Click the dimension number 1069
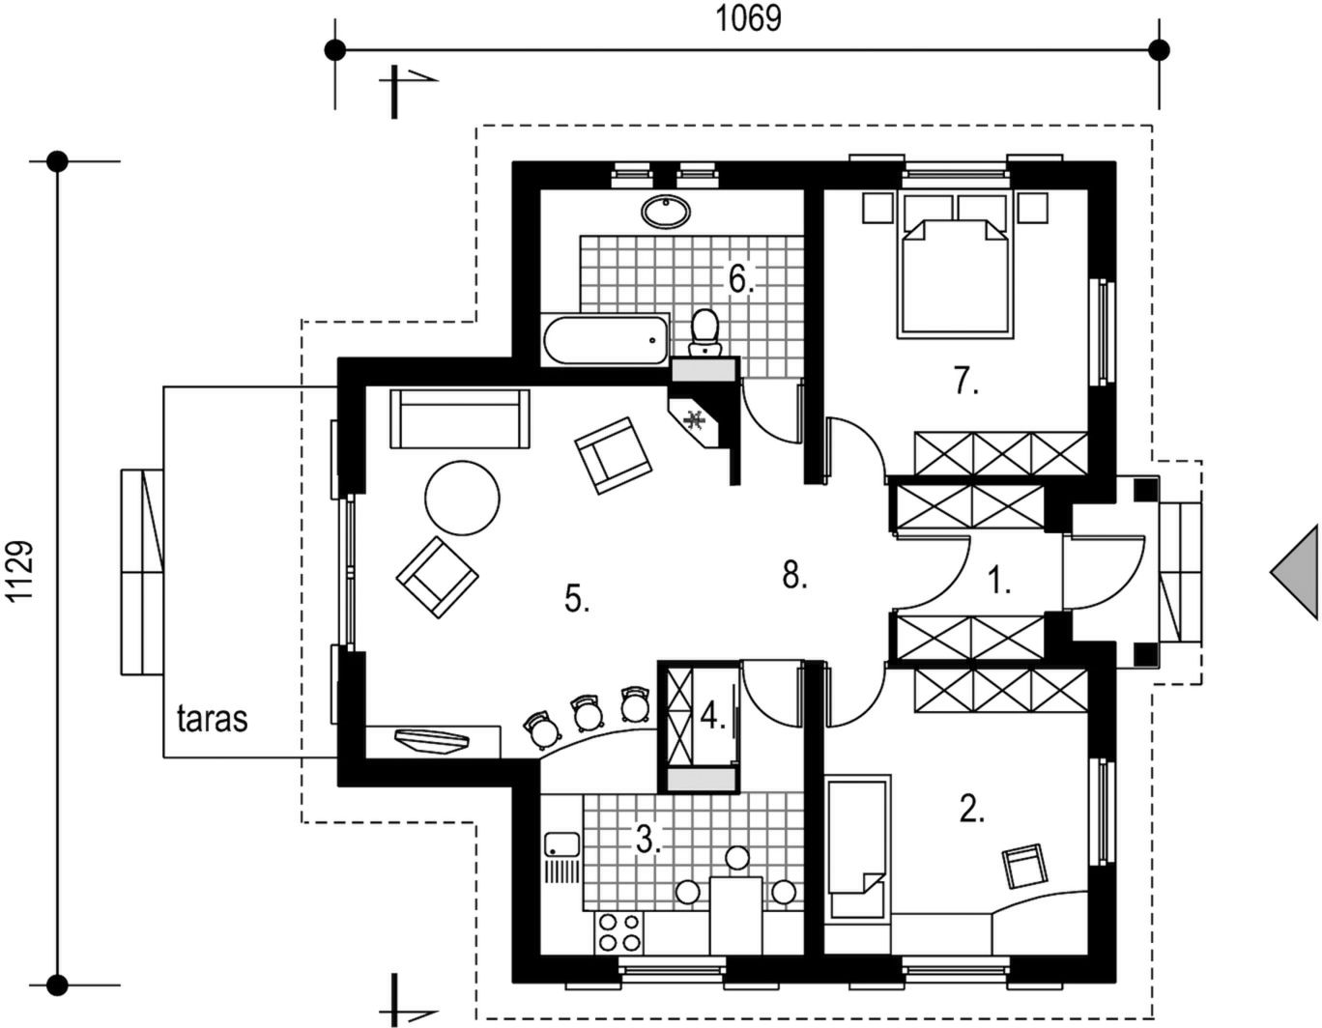(x=748, y=19)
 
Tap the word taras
(x=213, y=719)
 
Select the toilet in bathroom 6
(x=704, y=332)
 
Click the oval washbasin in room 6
(x=666, y=211)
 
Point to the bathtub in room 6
(x=606, y=339)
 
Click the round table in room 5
(x=462, y=499)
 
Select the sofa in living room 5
(x=459, y=419)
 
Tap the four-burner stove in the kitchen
(x=620, y=933)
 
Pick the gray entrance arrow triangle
(x=1294, y=572)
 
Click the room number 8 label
(x=794, y=575)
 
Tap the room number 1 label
(x=998, y=579)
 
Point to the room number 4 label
(x=713, y=716)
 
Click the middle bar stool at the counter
(x=588, y=715)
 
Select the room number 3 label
(x=648, y=840)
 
